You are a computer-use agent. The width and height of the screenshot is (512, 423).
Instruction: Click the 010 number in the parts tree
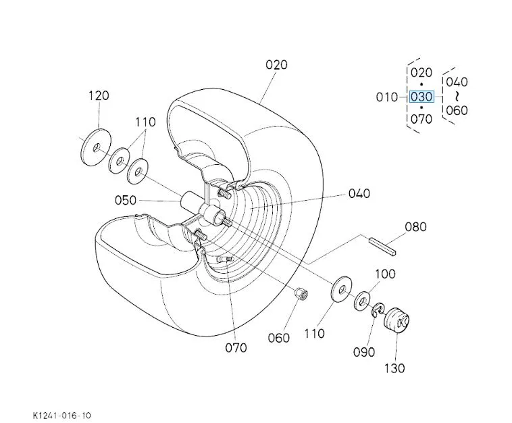387,97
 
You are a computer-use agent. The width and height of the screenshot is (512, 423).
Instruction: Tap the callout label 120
98,96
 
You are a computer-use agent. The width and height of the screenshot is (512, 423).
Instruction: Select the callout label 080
415,226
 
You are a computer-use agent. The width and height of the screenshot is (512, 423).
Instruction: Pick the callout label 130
394,368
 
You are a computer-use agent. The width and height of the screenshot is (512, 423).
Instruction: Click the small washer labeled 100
363,299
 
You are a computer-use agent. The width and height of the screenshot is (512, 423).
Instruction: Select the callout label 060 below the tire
279,337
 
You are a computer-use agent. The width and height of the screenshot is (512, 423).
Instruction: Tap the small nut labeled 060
301,295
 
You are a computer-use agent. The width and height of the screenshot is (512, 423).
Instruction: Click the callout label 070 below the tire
236,347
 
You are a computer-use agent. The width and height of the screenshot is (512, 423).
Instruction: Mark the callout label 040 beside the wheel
359,193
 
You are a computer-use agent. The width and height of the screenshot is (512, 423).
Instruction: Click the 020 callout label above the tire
276,65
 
